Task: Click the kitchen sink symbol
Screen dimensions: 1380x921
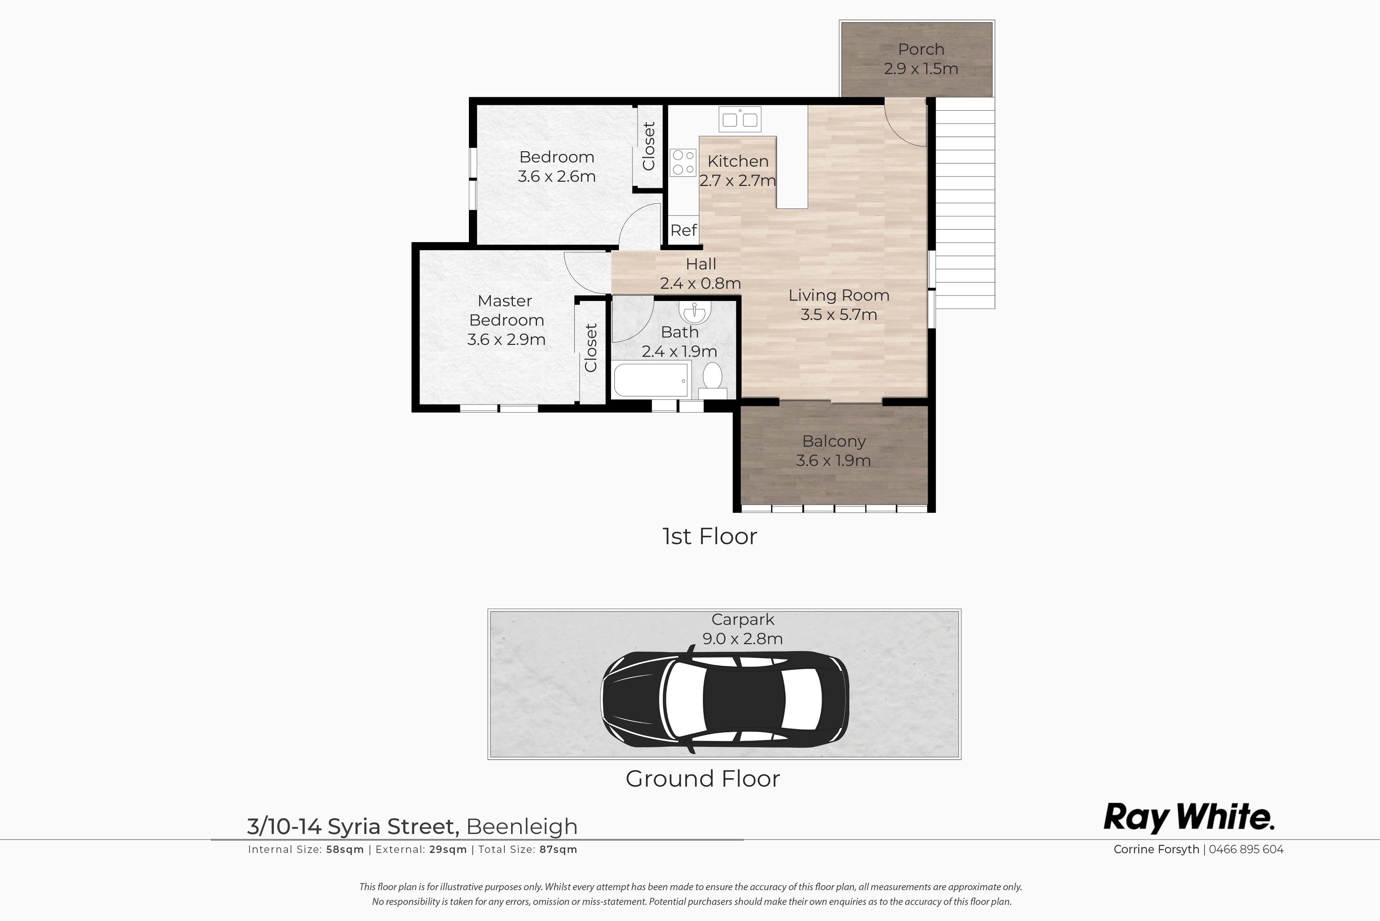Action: [x=739, y=119]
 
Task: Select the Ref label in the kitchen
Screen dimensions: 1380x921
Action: [x=684, y=230]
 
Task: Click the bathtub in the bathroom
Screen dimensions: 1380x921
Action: [x=651, y=380]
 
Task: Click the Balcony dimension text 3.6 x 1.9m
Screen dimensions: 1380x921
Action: [x=833, y=460]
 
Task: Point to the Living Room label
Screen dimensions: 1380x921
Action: [x=839, y=295]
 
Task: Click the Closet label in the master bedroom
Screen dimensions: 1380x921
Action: [x=591, y=348]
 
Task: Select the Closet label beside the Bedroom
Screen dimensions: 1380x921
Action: [x=649, y=146]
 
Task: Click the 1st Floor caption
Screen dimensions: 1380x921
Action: [x=710, y=536]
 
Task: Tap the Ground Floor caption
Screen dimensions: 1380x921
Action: [x=703, y=779]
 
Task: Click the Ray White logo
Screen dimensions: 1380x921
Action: [x=1188, y=817]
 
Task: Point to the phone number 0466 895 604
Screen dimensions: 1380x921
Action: [x=1246, y=849]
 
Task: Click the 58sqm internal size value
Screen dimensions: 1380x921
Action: [x=345, y=849]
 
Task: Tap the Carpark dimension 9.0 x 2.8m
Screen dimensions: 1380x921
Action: [x=743, y=639]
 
